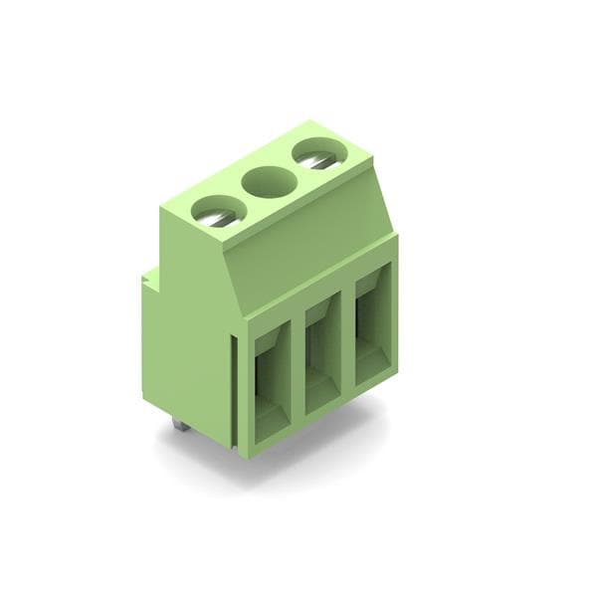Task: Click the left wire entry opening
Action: [x=270, y=383]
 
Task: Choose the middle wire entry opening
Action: [x=322, y=353]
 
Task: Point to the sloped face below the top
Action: [x=308, y=249]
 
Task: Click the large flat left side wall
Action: [x=189, y=328]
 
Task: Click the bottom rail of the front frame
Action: [x=318, y=423]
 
